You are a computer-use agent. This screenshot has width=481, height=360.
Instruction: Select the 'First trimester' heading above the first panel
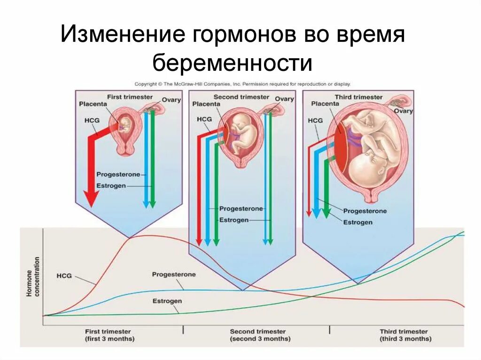[x=130, y=97]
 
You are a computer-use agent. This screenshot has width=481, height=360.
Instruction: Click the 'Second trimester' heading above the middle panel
[x=241, y=97]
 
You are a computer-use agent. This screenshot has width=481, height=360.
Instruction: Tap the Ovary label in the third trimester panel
[x=403, y=111]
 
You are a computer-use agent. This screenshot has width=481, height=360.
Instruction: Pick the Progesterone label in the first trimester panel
[x=118, y=174]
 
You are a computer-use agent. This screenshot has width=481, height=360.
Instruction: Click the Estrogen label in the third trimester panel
[x=357, y=222]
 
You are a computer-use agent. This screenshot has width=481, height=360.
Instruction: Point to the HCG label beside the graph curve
[x=64, y=276]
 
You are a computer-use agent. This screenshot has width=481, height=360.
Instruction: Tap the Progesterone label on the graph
[x=173, y=274]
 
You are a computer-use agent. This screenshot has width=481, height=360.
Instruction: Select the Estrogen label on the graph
[x=167, y=301]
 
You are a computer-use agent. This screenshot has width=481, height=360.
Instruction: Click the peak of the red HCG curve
[x=141, y=236]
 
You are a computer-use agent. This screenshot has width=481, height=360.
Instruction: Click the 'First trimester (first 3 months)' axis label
[x=109, y=335]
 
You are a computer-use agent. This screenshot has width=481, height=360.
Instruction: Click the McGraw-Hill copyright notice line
[x=242, y=84]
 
